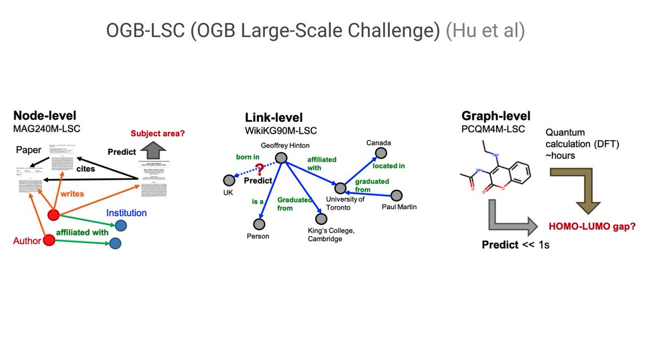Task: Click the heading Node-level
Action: click(x=45, y=115)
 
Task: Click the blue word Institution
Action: click(x=126, y=213)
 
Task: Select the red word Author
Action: click(x=27, y=241)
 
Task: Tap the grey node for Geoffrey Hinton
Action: click(x=281, y=157)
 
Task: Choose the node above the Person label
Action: click(x=259, y=224)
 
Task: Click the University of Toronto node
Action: click(x=340, y=188)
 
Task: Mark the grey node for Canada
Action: click(x=381, y=154)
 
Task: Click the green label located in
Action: click(x=389, y=166)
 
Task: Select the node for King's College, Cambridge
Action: click(x=321, y=219)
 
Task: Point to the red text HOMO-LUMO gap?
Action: click(x=592, y=227)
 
